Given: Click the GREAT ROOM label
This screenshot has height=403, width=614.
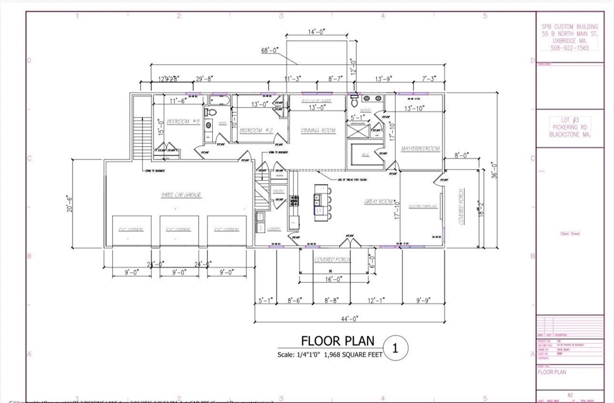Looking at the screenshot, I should coord(378,202).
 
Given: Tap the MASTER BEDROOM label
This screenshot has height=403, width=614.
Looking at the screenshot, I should coord(420,148).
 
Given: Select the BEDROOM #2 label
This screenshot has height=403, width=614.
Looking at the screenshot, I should coord(257,130).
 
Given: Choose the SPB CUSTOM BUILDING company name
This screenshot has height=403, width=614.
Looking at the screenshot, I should coord(569,27).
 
